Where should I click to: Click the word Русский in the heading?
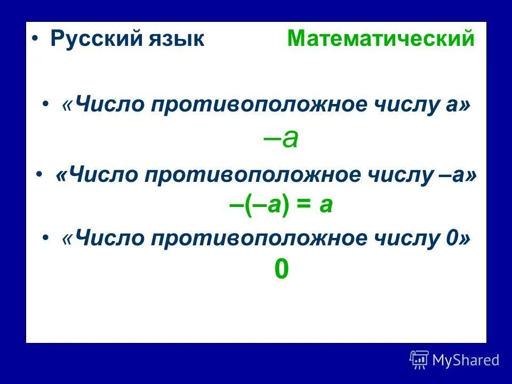[x=93, y=39]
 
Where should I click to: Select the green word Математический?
[x=380, y=39]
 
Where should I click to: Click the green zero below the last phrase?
[x=281, y=270]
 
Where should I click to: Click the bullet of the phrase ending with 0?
[x=47, y=238]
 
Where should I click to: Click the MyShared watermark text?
[x=465, y=360]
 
